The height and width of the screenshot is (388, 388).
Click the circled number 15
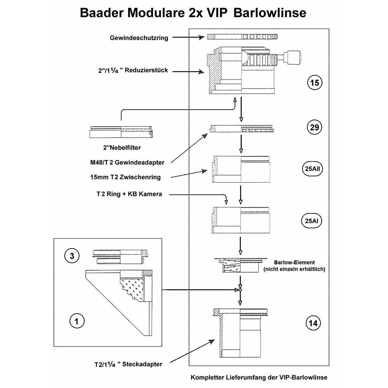tap(314, 83)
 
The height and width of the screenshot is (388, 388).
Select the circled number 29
tap(314, 127)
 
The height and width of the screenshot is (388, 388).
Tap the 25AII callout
tap(313, 169)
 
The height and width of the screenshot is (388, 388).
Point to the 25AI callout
tap(313, 221)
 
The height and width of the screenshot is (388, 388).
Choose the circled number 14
tap(314, 323)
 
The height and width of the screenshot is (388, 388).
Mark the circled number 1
tap(77, 321)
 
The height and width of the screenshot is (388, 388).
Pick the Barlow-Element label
tap(294, 262)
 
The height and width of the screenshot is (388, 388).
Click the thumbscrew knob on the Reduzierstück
tap(294, 57)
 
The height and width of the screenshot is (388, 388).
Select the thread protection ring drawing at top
tap(243, 37)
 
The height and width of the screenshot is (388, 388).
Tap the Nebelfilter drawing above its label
tap(121, 131)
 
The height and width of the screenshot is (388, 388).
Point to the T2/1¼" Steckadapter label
tap(128, 364)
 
